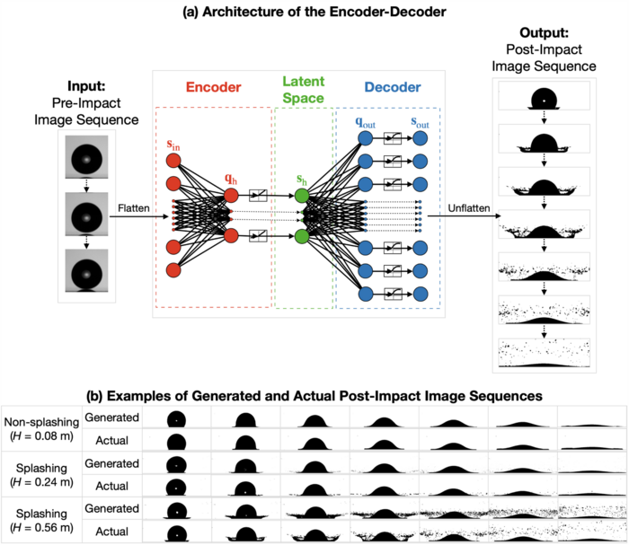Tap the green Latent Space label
coord(303,89)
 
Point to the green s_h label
coord(302,179)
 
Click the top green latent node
coord(302,195)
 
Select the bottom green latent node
coord(302,237)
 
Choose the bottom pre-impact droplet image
coord(86,272)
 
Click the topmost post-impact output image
coord(542,96)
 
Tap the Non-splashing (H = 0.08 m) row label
coord(40,429)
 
